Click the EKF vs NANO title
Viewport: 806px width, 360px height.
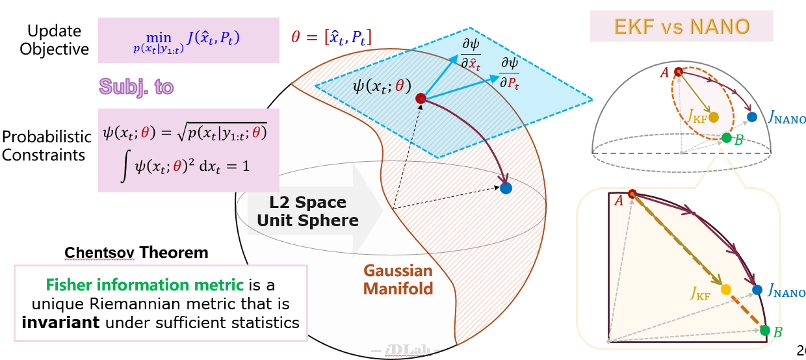tap(681, 26)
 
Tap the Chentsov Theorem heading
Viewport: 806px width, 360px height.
tap(136, 253)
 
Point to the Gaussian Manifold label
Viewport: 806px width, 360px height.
tap(398, 279)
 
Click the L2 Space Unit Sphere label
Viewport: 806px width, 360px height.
tap(307, 211)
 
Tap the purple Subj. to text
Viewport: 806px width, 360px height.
tap(136, 86)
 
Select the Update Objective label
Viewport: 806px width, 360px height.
tap(54, 40)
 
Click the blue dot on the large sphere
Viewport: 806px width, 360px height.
tap(506, 188)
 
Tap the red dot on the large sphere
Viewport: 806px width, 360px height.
tap(421, 98)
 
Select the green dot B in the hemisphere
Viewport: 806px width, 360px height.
tap(726, 137)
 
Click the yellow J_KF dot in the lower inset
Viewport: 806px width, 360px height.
tap(725, 289)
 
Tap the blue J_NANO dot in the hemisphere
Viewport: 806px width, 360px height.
tap(752, 117)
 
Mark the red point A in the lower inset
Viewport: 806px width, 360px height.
tap(632, 193)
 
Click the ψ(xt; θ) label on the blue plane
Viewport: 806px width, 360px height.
tap(382, 85)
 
